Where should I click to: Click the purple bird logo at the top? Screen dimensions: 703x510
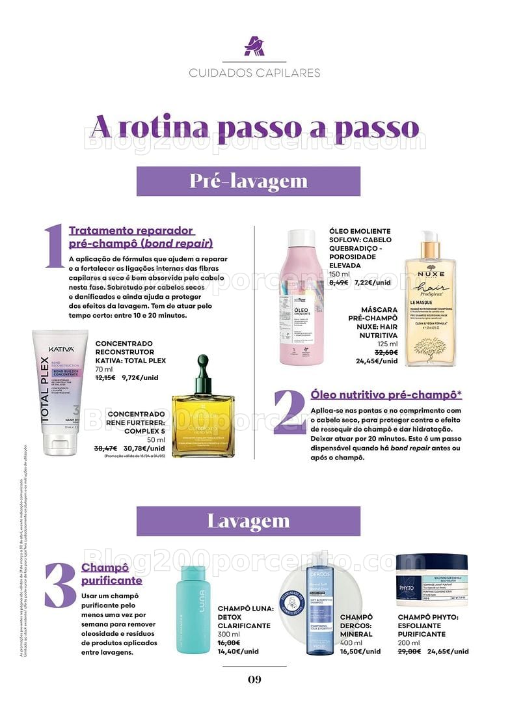coord(254,46)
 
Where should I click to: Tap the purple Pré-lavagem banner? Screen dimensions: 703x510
coord(248,181)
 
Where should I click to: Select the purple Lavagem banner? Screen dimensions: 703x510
coord(248,521)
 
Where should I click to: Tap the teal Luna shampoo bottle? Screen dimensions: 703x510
coord(193,609)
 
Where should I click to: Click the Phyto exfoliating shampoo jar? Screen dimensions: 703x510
coord(433,581)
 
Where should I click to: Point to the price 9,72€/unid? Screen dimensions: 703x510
coord(144,378)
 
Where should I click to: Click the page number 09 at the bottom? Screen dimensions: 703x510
coord(254,680)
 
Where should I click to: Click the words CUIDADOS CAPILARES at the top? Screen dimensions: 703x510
coord(254,73)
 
